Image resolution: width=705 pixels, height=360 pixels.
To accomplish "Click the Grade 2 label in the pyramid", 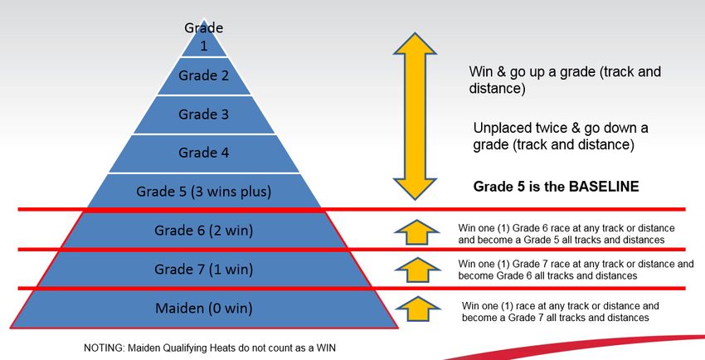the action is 204,75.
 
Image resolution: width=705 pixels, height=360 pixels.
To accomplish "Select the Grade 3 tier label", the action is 204,114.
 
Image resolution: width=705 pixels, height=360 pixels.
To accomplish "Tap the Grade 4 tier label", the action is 204,153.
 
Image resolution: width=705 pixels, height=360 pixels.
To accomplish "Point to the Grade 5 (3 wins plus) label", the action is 204,192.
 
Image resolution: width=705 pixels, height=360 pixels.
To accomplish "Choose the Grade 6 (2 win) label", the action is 204,231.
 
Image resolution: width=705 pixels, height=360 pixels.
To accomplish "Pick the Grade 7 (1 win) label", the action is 204,270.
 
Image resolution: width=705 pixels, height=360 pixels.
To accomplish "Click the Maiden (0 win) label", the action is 204,309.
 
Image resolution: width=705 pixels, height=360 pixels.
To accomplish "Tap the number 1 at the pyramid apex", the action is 204,46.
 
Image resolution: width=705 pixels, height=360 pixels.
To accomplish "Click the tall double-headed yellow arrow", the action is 415,116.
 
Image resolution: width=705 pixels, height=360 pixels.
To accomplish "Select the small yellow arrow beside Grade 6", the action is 417,232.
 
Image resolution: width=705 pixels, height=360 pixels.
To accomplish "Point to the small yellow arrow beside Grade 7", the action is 417,270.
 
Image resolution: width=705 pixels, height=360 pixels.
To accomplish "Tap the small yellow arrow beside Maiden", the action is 417,309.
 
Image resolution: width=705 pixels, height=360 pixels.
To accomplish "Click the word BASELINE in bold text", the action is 604,187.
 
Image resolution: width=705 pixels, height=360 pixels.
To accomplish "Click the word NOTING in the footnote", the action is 104,348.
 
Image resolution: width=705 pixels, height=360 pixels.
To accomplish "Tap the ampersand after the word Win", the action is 500,72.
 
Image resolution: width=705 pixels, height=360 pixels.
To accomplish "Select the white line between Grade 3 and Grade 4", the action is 204,134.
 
